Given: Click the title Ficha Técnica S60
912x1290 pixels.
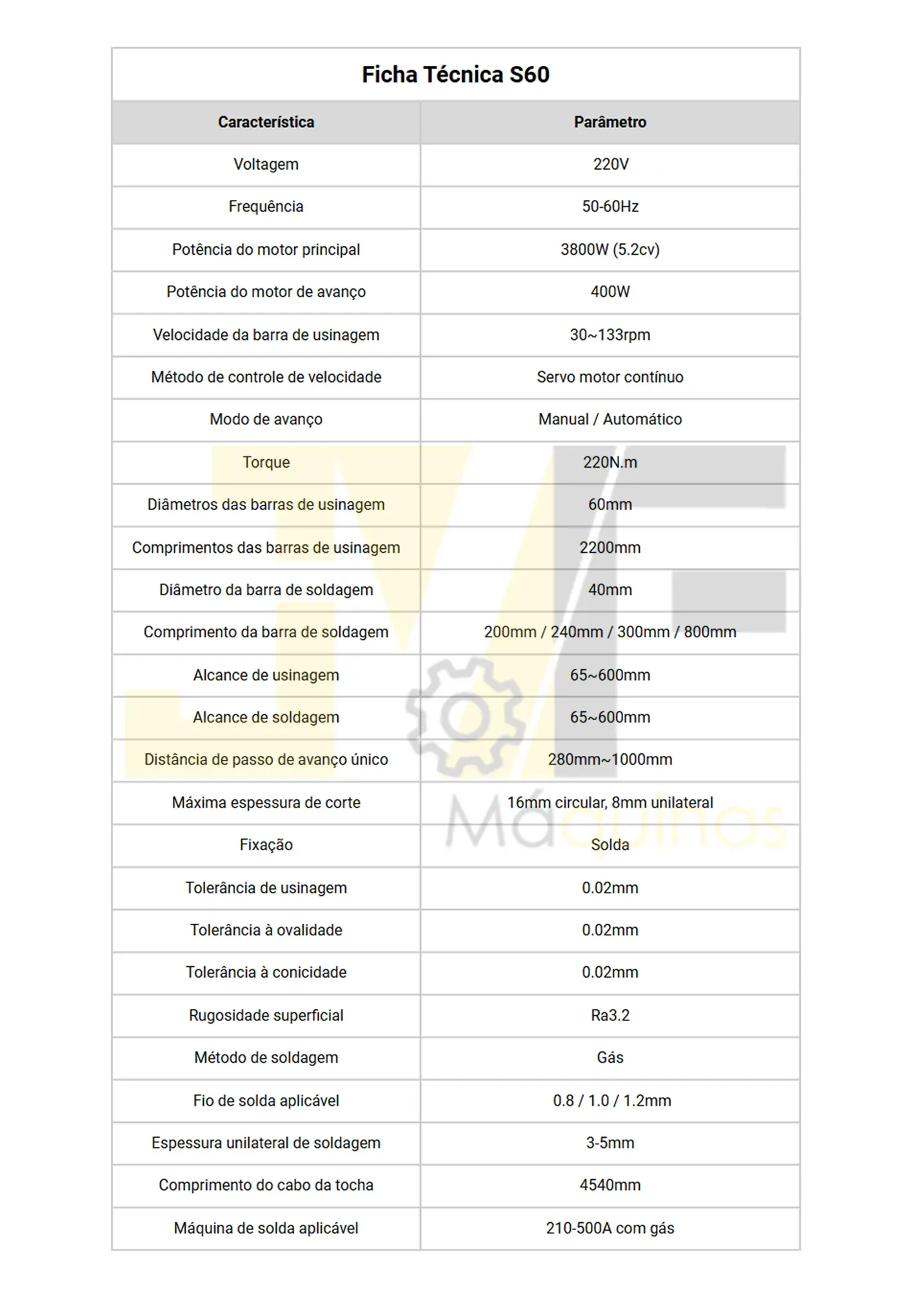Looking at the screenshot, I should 455,75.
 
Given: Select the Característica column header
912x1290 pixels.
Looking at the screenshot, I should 266,123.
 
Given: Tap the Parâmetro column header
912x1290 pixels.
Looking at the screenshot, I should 610,123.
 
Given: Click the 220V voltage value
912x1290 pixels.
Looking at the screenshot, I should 610,164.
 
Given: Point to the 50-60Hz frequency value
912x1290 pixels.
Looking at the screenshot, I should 610,207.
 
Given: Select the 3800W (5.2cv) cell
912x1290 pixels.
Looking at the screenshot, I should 610,250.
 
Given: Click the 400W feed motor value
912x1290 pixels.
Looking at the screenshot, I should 610,292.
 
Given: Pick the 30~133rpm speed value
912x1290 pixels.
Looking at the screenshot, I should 610,335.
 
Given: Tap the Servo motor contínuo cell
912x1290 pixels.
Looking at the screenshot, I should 610,377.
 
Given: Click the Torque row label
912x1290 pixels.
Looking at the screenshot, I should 266,462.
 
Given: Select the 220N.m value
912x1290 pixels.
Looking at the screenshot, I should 610,462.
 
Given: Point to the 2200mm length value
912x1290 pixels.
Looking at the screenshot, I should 610,548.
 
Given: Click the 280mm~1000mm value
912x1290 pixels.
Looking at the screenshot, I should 610,760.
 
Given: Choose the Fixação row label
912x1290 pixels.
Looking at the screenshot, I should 266,845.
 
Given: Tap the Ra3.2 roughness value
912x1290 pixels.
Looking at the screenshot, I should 610,1015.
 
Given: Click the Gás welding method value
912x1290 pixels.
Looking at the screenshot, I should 610,1058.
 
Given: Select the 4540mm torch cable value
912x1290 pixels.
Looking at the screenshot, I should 610,1185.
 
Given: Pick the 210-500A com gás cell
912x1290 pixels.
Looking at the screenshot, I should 610,1228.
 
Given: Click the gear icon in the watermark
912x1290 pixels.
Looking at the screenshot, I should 466,716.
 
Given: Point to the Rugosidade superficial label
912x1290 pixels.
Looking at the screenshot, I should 266,1015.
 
